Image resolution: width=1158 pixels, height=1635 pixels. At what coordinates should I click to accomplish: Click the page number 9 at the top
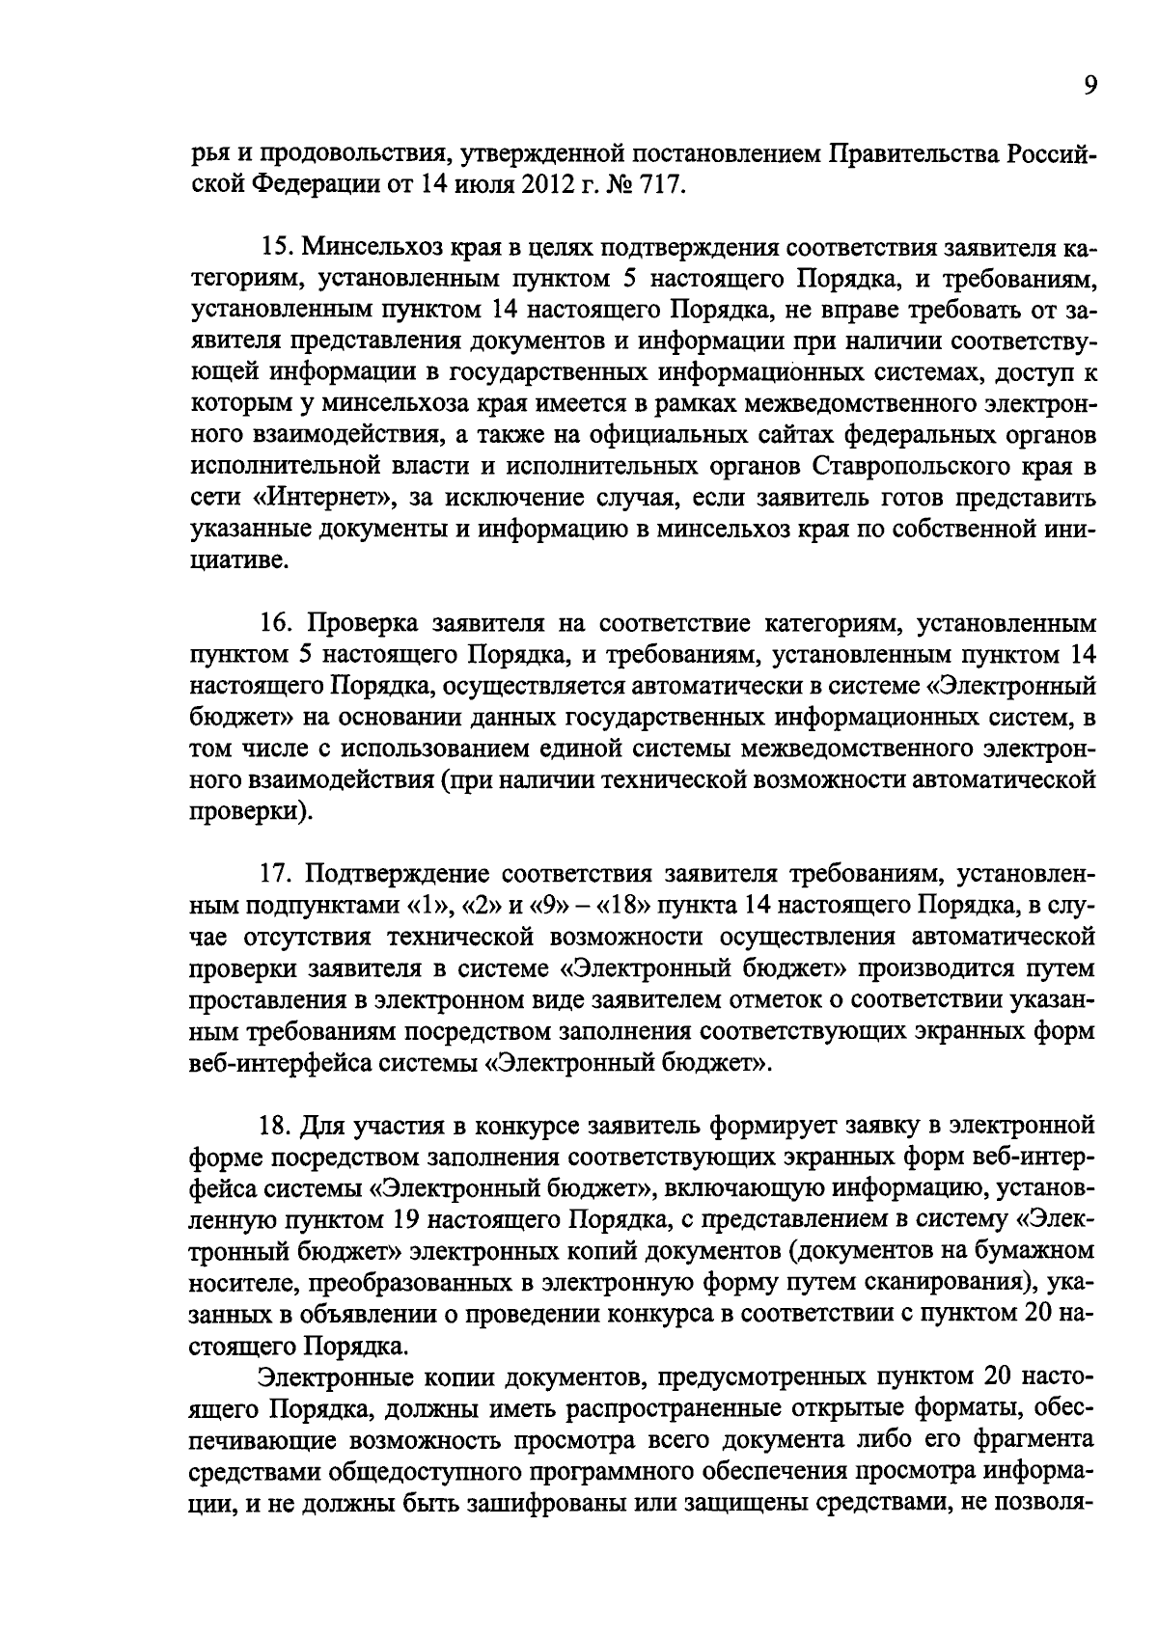pyautogui.click(x=1089, y=87)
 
